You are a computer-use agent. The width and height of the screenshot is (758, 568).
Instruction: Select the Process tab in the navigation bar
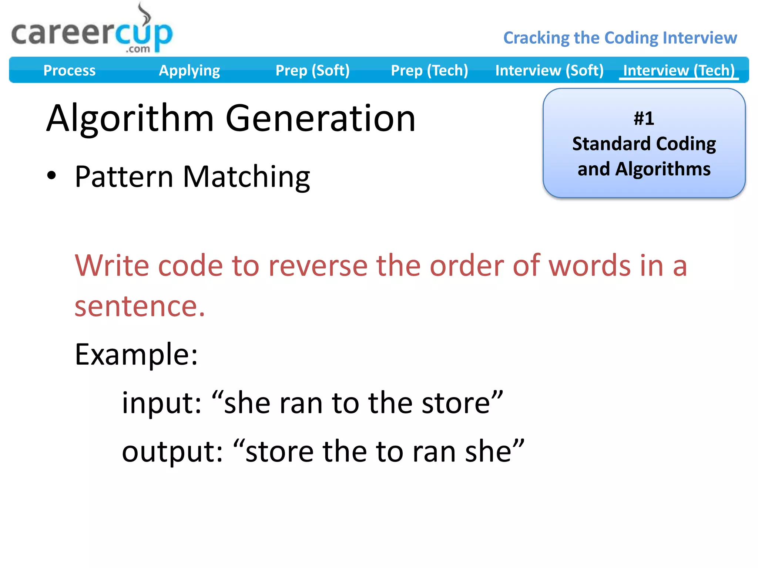[x=69, y=70]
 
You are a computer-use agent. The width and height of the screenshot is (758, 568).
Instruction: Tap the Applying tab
[x=189, y=70]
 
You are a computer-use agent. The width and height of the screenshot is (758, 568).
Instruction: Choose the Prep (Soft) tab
[x=312, y=70]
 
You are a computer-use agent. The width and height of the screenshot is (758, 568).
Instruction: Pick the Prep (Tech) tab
[x=429, y=70]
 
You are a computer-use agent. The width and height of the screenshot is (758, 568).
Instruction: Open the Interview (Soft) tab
[x=549, y=70]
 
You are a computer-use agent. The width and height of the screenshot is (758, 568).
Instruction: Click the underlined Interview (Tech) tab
[x=679, y=70]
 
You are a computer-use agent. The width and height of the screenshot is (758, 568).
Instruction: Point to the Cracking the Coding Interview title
[x=620, y=38]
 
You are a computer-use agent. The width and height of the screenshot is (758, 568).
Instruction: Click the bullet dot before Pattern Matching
[x=51, y=176]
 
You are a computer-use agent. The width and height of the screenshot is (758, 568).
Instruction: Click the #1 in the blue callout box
[x=644, y=119]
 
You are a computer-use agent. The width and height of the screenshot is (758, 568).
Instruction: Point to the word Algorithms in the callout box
[x=663, y=169]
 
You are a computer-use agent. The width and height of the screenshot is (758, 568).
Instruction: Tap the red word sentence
[x=139, y=306]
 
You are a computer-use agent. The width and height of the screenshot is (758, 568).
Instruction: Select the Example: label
[x=136, y=354]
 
